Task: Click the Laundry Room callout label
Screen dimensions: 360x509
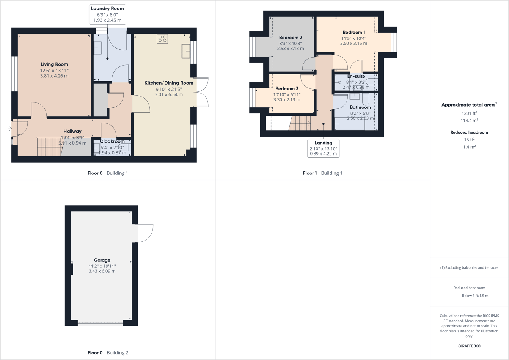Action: [x=107, y=14]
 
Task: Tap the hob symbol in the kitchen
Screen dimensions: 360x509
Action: [x=162, y=39]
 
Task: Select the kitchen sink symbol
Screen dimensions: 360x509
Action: [x=186, y=51]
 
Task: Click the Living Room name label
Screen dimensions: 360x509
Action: [x=54, y=64]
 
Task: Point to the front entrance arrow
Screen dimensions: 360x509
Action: [x=9, y=129]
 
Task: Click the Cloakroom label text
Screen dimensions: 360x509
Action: [x=112, y=141]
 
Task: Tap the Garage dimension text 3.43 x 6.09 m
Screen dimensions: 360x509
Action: [x=102, y=271]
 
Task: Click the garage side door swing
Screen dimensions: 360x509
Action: [x=145, y=233]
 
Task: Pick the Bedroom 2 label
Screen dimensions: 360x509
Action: [x=291, y=38]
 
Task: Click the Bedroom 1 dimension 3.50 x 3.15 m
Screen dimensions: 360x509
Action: [x=353, y=43]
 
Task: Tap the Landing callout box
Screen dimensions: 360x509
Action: [x=323, y=148]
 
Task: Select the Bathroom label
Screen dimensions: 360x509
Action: [x=360, y=107]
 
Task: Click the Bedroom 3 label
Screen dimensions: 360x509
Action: [x=287, y=89]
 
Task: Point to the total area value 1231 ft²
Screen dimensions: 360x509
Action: [x=469, y=113]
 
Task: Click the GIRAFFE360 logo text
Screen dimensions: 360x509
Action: [x=469, y=346]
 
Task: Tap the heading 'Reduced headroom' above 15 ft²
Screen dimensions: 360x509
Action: [x=469, y=132]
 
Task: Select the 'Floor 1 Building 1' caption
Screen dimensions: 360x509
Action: [x=322, y=173]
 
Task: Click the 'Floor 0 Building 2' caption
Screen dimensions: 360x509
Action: [x=108, y=353]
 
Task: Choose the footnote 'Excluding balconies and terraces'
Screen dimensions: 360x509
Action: [x=469, y=267]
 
